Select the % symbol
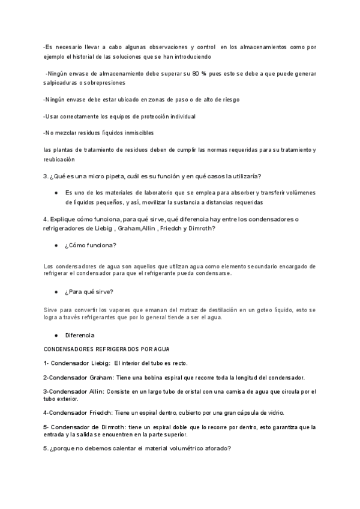tap(204, 73)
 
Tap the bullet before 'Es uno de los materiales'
tap(56, 193)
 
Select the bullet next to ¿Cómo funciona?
tap(56, 246)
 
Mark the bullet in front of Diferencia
tap(56, 334)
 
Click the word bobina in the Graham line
tap(134, 378)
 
